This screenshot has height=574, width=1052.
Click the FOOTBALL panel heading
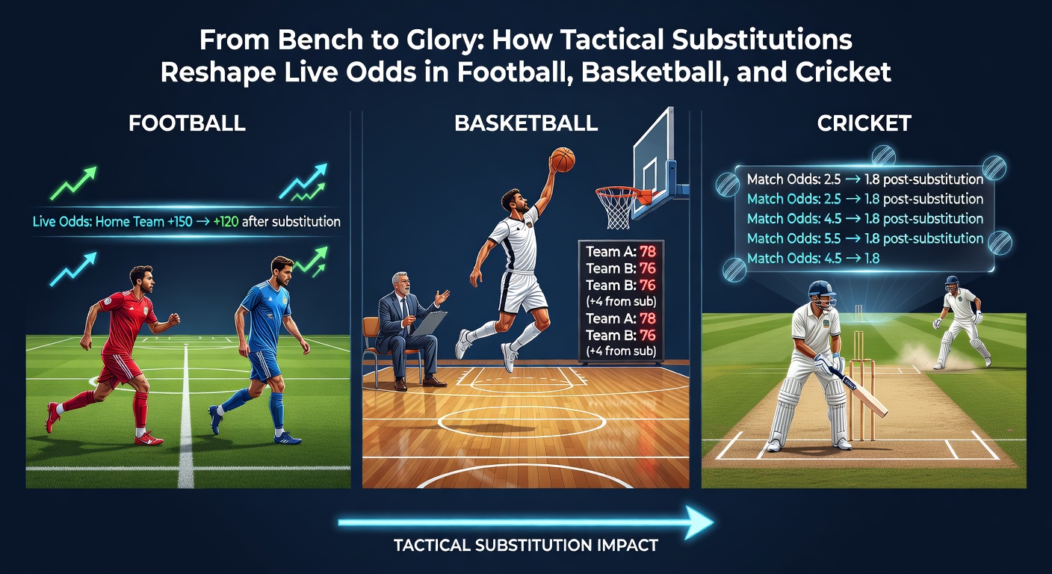pos(187,123)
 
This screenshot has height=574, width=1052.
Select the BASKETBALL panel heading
pos(526,123)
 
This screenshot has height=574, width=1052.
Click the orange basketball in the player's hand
pos(562,158)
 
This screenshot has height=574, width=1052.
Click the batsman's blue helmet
pos(823,294)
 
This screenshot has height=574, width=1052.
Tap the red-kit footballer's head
pos(142,278)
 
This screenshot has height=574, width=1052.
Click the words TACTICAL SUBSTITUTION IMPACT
pos(525,545)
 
